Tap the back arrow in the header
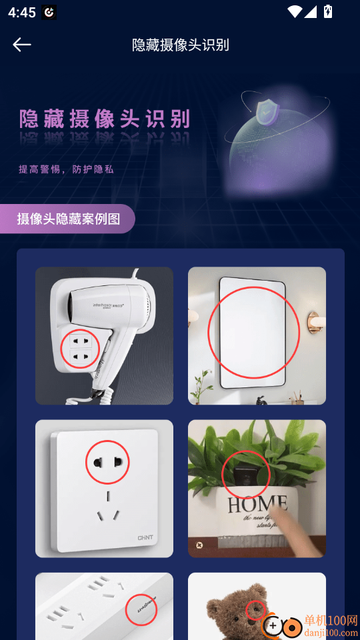[22, 45]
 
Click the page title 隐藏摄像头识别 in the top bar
[181, 45]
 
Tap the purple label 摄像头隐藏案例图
[69, 219]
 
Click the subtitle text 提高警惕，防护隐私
[66, 169]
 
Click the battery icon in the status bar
[327, 11]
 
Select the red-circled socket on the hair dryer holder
[80, 349]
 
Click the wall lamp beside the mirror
[314, 323]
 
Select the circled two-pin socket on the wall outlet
[107, 461]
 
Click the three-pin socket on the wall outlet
[107, 515]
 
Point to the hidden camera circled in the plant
[245, 475]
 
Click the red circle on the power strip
[141, 609]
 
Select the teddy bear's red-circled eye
[256, 610]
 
